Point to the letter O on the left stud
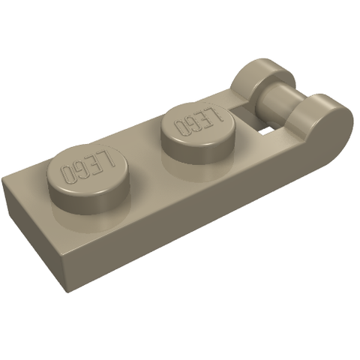[x=68, y=175]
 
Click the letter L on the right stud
[x=215, y=113]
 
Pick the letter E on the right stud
[x=205, y=118]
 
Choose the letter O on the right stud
[x=180, y=127]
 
